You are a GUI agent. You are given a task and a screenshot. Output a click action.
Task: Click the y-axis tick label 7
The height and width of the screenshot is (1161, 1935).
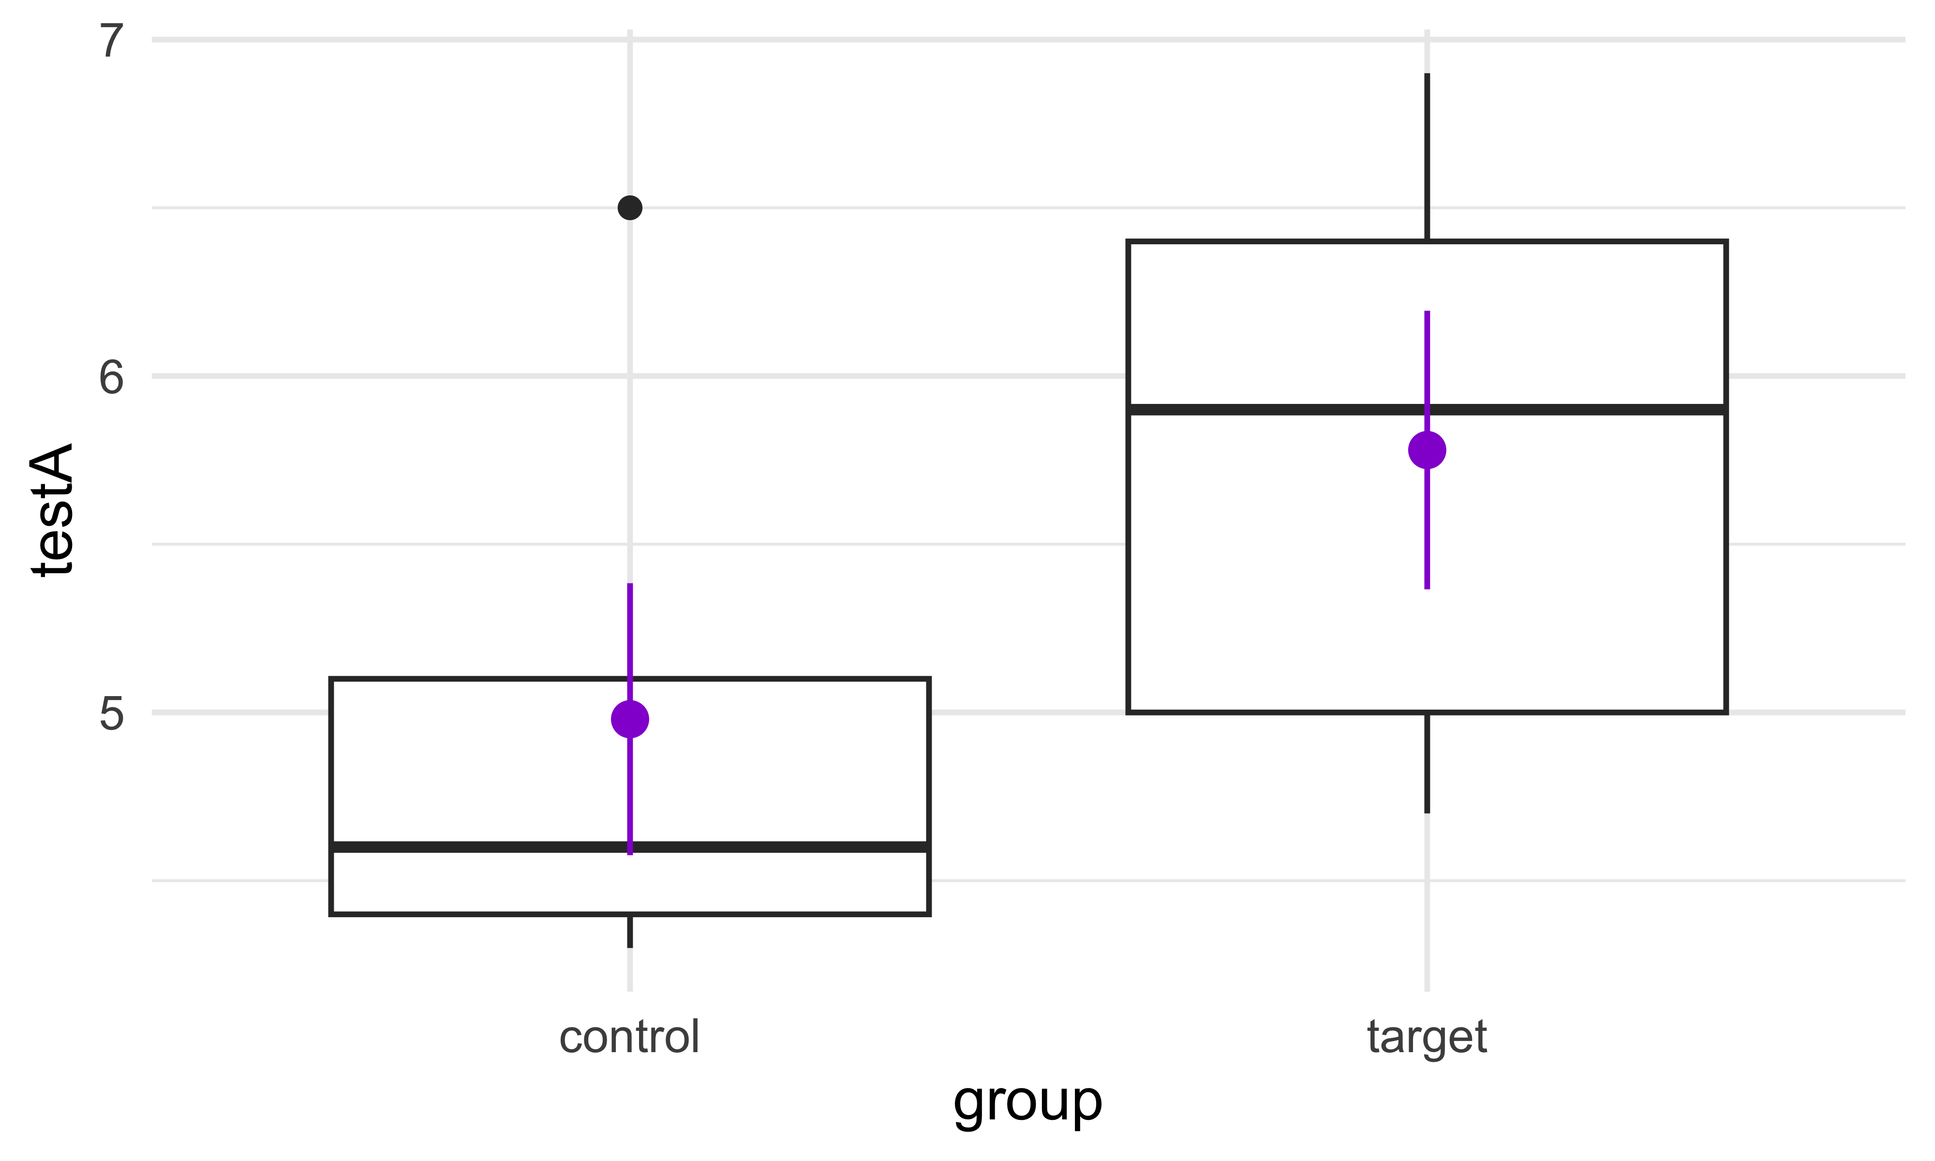pyautogui.click(x=112, y=41)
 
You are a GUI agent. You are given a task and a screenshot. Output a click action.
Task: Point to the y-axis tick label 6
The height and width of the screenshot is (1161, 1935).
pyautogui.click(x=112, y=377)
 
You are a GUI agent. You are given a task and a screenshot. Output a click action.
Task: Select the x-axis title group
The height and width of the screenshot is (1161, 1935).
pyautogui.click(x=1027, y=1103)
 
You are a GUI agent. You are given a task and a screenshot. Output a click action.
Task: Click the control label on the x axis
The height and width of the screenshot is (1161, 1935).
pyautogui.click(x=630, y=1037)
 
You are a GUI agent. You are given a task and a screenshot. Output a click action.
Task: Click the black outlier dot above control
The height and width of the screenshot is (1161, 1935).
pyautogui.click(x=630, y=208)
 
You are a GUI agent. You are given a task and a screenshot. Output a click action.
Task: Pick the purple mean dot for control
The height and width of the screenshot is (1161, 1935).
pyautogui.click(x=630, y=719)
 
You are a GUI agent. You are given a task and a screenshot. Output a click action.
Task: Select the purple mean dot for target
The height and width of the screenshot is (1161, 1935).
pyautogui.click(x=1428, y=450)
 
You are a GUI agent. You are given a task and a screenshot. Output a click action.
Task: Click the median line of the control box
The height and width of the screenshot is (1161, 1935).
pyautogui.click(x=630, y=847)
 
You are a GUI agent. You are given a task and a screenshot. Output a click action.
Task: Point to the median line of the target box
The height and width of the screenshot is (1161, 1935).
pyautogui.click(x=1428, y=410)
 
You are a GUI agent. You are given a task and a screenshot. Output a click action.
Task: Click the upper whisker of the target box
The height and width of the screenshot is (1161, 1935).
pyautogui.click(x=1428, y=156)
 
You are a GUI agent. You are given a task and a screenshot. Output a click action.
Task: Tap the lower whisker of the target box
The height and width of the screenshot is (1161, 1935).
pyautogui.click(x=1428, y=763)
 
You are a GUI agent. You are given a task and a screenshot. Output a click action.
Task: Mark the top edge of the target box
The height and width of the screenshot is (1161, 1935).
pyautogui.click(x=1428, y=242)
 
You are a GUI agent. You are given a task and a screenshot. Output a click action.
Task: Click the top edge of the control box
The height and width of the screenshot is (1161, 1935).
pyautogui.click(x=630, y=679)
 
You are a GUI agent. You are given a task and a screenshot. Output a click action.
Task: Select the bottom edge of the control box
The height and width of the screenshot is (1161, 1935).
pyautogui.click(x=630, y=913)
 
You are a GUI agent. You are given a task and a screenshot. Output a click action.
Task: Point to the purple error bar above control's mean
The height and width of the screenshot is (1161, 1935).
pyautogui.click(x=630, y=641)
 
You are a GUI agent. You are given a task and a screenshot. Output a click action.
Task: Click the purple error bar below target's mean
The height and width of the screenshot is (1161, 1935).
pyautogui.click(x=1428, y=529)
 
